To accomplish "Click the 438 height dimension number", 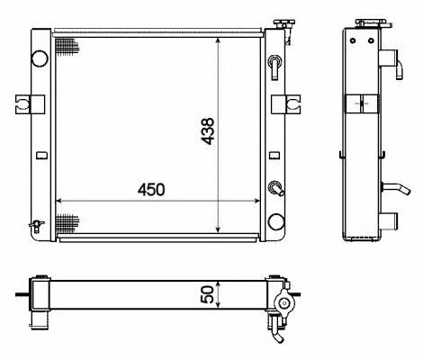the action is [x=208, y=131].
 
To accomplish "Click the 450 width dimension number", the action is [x=151, y=190].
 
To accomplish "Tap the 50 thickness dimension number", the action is [x=207, y=294].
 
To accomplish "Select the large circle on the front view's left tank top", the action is [x=40, y=58].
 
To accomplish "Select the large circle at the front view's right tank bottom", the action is [x=276, y=221].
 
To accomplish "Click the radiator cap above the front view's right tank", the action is [x=283, y=23].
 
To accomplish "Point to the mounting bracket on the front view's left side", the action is [x=30, y=104].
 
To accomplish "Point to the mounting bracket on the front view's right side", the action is [x=285, y=104].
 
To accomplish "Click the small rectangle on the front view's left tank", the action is [x=41, y=155].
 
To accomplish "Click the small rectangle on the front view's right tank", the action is [x=274, y=155].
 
